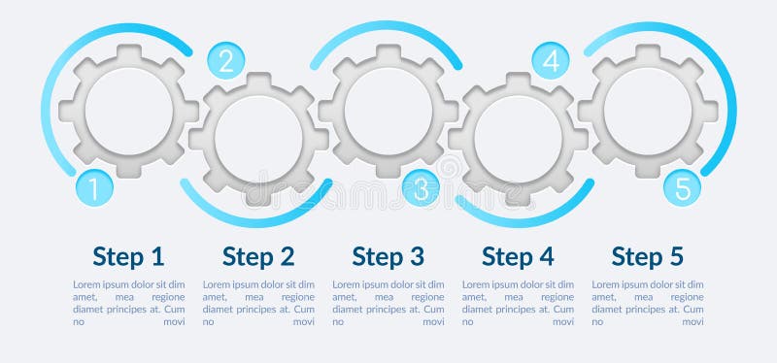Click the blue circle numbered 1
click(x=94, y=188)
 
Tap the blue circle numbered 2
click(x=226, y=61)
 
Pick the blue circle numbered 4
click(x=551, y=61)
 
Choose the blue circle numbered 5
click(x=683, y=188)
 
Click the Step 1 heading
click(x=128, y=256)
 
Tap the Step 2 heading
click(x=258, y=256)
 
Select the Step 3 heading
click(x=388, y=256)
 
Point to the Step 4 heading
click(x=518, y=256)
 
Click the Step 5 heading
click(x=648, y=256)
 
